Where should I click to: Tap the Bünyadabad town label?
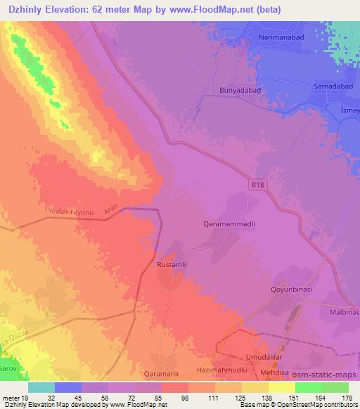point(238,90)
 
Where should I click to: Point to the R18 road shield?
point(259,184)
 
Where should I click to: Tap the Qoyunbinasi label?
point(295,289)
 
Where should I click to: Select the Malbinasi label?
point(343,311)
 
